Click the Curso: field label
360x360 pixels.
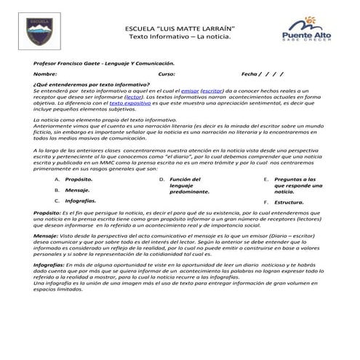167,75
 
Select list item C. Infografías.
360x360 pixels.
80,199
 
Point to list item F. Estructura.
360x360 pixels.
289,202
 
